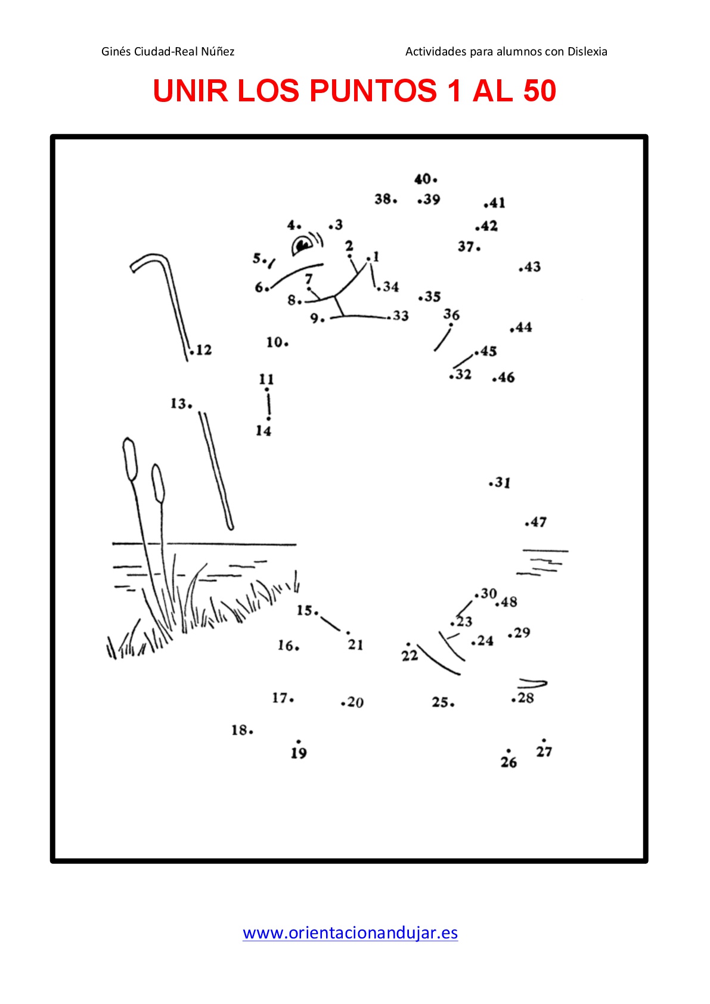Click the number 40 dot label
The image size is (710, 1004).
pyautogui.click(x=423, y=179)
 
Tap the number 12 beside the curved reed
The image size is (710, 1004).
pyautogui.click(x=204, y=350)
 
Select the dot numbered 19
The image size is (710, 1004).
pyautogui.click(x=299, y=741)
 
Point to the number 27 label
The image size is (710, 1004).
pyautogui.click(x=544, y=751)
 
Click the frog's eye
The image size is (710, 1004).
pyautogui.click(x=302, y=244)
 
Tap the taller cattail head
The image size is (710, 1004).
pyautogui.click(x=130, y=459)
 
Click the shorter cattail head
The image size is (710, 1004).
pyautogui.click(x=158, y=484)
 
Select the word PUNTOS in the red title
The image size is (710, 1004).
pyautogui.click(x=373, y=91)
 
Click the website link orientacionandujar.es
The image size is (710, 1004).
pyautogui.click(x=350, y=932)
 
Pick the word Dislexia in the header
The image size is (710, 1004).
pyautogui.click(x=587, y=52)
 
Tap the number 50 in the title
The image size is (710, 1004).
pyautogui.click(x=540, y=91)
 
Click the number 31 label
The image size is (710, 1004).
pyautogui.click(x=503, y=482)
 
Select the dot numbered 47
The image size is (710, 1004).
pyautogui.click(x=526, y=524)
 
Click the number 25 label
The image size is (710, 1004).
pyautogui.click(x=440, y=702)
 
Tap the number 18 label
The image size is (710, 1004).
pyautogui.click(x=240, y=730)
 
